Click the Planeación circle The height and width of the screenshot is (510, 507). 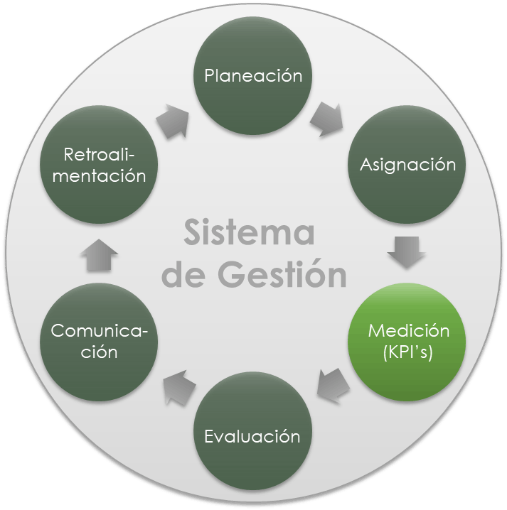point(253,77)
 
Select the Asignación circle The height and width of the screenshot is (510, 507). point(407,165)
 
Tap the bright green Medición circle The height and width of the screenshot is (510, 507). point(407,341)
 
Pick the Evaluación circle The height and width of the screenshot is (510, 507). point(252,435)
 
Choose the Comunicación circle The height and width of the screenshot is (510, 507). point(100,341)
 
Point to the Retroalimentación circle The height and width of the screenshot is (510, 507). point(100,165)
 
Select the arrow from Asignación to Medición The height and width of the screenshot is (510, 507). point(407,251)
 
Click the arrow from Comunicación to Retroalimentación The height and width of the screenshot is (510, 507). point(100,254)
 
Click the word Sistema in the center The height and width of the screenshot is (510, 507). point(249,233)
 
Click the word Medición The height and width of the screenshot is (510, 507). point(408,331)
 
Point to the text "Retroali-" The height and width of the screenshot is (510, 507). point(100,154)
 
